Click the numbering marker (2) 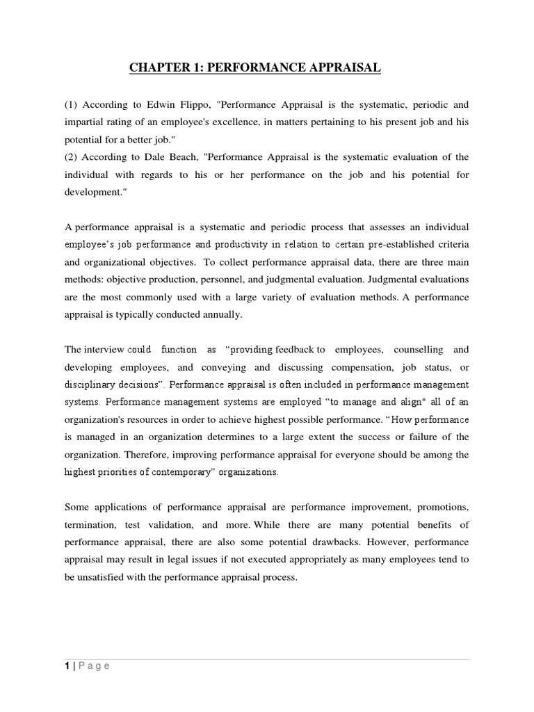(71, 157)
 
